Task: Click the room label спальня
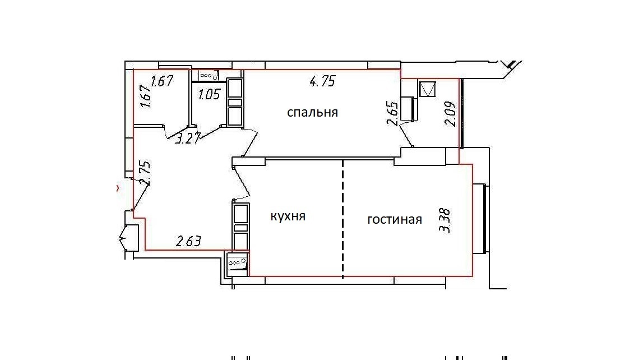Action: (313, 113)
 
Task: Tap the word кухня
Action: (288, 216)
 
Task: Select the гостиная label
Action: (395, 220)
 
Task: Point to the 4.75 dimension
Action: (322, 82)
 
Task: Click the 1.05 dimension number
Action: (209, 94)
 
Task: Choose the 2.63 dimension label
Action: (188, 241)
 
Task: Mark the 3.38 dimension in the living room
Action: (445, 220)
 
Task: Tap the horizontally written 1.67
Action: (162, 81)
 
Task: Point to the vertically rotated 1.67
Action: (146, 96)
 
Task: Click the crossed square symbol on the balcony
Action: (428, 89)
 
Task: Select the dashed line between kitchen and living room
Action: (343, 219)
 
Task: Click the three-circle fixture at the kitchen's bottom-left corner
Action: (237, 263)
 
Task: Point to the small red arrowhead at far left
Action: (117, 188)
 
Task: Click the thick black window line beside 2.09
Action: (461, 114)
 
